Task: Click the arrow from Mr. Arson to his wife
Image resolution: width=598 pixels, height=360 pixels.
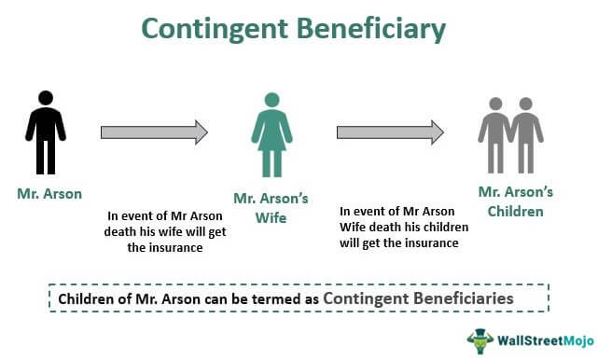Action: [x=154, y=132]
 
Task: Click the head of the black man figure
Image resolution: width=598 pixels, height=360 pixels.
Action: [x=45, y=99]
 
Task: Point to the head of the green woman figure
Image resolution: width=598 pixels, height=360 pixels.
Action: [x=271, y=99]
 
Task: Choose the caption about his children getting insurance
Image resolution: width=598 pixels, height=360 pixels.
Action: [x=401, y=228]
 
